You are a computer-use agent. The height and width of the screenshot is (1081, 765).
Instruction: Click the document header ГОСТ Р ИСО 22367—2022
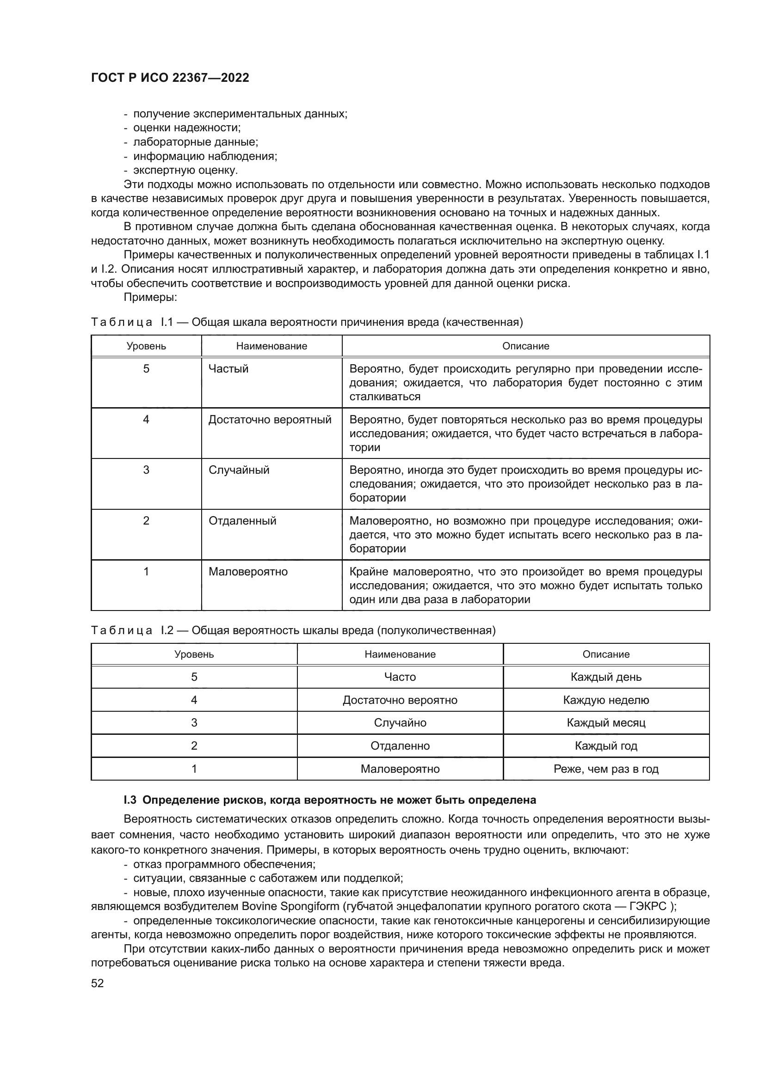[x=170, y=78]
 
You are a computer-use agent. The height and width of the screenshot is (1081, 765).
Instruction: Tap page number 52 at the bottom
[x=98, y=983]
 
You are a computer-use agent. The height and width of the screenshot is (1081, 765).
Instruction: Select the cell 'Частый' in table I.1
[x=228, y=369]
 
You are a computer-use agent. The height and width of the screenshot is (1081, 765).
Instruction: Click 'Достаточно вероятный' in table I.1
[x=270, y=420]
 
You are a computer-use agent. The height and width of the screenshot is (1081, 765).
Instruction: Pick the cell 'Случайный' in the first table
[x=239, y=470]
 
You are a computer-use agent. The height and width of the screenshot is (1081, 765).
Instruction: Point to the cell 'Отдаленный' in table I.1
[x=242, y=521]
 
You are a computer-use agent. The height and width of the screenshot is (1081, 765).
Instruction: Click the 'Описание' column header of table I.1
[x=525, y=346]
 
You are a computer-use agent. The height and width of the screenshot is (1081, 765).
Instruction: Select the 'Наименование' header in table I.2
[x=400, y=654]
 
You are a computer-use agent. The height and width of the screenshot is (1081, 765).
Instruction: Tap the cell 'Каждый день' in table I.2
[x=606, y=677]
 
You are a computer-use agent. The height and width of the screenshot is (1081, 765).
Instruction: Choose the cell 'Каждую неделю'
[x=606, y=700]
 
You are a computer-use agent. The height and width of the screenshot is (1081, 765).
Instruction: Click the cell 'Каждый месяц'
[x=606, y=723]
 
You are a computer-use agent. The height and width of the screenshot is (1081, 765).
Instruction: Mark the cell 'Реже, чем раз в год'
[x=606, y=769]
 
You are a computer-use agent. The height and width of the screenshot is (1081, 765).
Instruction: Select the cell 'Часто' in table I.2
[x=400, y=677]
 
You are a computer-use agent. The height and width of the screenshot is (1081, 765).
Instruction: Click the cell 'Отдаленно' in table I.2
[x=400, y=746]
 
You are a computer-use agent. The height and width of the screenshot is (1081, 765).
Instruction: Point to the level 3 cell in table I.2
[x=194, y=723]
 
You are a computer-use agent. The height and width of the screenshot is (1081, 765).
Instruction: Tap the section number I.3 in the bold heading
[x=130, y=800]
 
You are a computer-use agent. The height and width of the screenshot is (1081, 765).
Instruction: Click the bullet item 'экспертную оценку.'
[x=185, y=170]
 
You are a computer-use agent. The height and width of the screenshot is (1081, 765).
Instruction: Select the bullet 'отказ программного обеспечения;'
[x=224, y=864]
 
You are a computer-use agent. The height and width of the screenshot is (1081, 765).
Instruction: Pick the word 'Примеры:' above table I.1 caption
[x=150, y=297]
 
